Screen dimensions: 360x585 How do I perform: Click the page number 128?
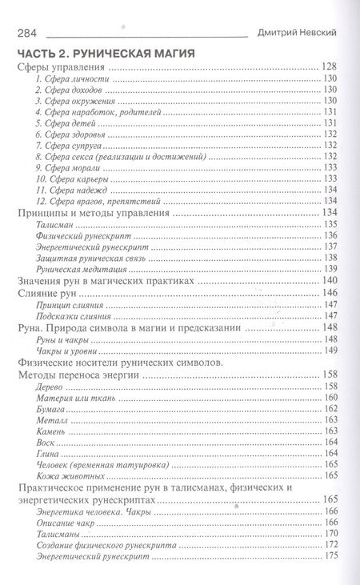327,66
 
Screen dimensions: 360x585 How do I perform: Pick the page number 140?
327,282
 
